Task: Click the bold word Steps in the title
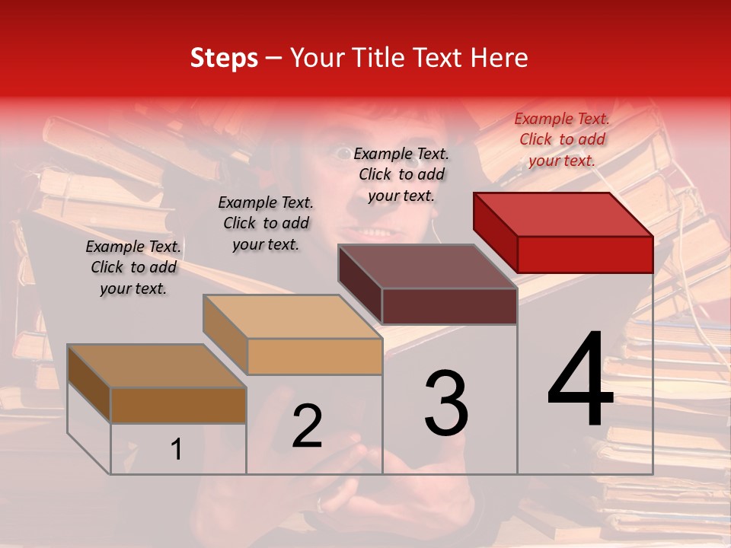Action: coord(224,59)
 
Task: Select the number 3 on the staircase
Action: coord(446,403)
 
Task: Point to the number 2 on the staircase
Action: coord(308,426)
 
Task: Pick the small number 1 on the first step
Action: coord(177,450)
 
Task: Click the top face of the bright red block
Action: coord(563,214)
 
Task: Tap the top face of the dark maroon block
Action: coord(428,266)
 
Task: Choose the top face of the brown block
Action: coord(157,366)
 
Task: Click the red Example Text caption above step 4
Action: coord(562,139)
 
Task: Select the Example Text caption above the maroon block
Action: coord(401,174)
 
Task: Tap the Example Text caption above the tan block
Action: coord(266,223)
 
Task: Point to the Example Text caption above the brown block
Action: coord(133,267)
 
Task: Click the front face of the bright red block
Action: coord(585,254)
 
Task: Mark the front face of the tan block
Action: coord(314,356)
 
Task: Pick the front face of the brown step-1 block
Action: coord(178,406)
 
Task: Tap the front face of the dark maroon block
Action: coord(449,306)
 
